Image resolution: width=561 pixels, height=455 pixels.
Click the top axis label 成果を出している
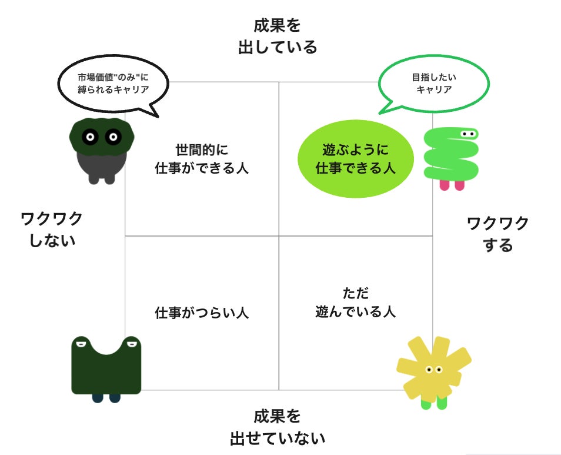pos(278,36)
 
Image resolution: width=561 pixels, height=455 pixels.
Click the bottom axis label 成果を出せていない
pos(278,427)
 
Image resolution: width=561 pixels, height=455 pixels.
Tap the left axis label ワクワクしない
pos(52,229)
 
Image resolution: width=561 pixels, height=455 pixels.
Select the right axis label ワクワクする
pos(498,234)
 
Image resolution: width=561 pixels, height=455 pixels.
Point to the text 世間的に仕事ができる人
pos(202,159)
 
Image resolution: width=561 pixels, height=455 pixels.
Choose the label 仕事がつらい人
pos(202,313)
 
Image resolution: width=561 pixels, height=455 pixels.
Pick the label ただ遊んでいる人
pos(355,302)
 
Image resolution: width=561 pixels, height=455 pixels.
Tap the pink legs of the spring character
pos(452,185)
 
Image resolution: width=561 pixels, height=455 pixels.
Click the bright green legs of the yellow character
pos(434,404)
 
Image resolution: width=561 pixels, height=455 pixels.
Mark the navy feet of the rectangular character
pos(106,398)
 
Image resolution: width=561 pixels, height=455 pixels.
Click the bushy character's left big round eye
pos(90,138)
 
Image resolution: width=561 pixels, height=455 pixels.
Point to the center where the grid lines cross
pos(279,236)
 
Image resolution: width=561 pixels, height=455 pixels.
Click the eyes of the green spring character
pos(468,134)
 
